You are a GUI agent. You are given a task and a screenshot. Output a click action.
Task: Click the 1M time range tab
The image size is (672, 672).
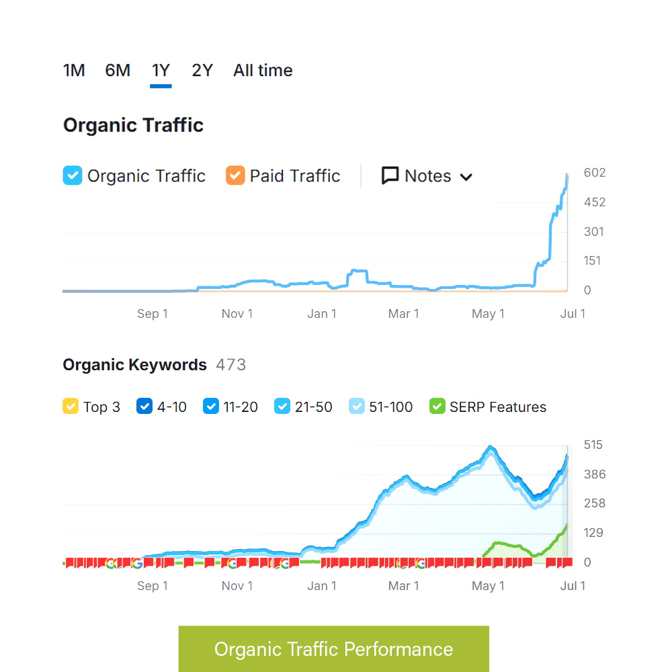click(74, 71)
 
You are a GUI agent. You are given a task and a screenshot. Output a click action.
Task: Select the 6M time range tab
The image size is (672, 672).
click(118, 71)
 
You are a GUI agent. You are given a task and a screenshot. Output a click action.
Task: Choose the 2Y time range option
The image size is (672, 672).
click(202, 71)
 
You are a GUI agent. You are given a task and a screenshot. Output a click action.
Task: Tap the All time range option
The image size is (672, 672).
click(263, 71)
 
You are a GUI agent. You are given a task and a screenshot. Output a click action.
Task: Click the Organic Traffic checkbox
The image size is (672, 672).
click(73, 175)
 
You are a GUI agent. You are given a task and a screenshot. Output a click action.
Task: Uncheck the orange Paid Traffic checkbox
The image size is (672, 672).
click(235, 175)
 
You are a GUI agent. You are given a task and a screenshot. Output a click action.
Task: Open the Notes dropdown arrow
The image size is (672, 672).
click(466, 177)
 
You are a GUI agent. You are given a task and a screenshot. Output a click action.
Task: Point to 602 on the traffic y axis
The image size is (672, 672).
click(595, 173)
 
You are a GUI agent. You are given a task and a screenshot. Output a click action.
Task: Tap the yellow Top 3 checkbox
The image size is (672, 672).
click(71, 407)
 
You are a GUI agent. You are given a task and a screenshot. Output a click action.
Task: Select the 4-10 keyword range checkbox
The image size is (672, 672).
click(144, 407)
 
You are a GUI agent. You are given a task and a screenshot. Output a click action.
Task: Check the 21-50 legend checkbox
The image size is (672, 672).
click(282, 407)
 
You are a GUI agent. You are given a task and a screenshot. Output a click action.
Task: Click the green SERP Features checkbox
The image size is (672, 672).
click(437, 407)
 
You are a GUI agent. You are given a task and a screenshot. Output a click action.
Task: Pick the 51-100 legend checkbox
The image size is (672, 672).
click(358, 407)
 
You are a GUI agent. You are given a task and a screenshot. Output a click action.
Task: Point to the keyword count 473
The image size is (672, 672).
click(230, 365)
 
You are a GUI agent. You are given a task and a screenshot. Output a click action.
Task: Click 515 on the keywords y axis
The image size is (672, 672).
click(593, 445)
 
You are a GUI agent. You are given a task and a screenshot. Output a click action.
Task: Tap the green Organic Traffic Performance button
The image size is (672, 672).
click(333, 649)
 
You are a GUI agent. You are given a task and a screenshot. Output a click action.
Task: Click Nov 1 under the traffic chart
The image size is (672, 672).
click(237, 314)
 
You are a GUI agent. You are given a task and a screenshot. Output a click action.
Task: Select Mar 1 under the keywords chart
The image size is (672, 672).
click(403, 586)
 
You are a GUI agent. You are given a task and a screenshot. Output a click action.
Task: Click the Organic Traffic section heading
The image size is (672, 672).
click(133, 125)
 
